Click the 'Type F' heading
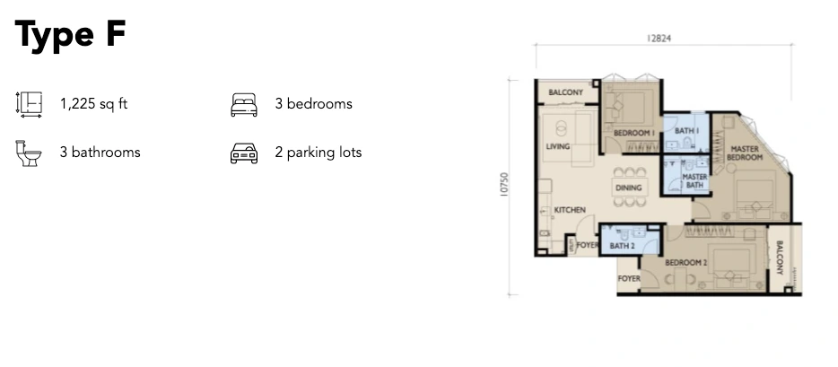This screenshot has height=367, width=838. click(x=70, y=35)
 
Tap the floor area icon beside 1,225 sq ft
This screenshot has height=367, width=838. click(x=29, y=104)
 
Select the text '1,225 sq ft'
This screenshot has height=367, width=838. click(x=93, y=103)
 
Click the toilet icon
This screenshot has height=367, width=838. click(x=29, y=153)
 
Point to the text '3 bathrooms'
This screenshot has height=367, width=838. click(x=100, y=153)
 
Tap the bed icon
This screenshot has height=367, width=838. click(x=244, y=105)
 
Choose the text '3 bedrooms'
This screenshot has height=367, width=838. click(x=314, y=103)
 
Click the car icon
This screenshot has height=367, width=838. click(x=244, y=153)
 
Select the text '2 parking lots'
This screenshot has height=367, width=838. click(x=319, y=153)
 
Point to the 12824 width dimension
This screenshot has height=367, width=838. click(x=659, y=39)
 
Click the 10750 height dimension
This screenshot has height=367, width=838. click(x=504, y=184)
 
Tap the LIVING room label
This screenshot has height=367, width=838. click(x=557, y=146)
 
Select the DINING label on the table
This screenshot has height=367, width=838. click(x=628, y=188)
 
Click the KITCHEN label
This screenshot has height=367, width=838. click(x=570, y=210)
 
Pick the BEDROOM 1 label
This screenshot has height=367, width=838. click(x=634, y=133)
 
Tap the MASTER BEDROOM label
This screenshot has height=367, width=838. click(x=745, y=153)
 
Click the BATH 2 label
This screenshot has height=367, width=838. click(x=622, y=246)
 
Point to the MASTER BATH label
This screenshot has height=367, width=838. click(x=694, y=180)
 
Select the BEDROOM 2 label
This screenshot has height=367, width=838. click(x=685, y=263)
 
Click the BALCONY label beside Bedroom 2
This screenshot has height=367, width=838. click(x=779, y=258)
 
